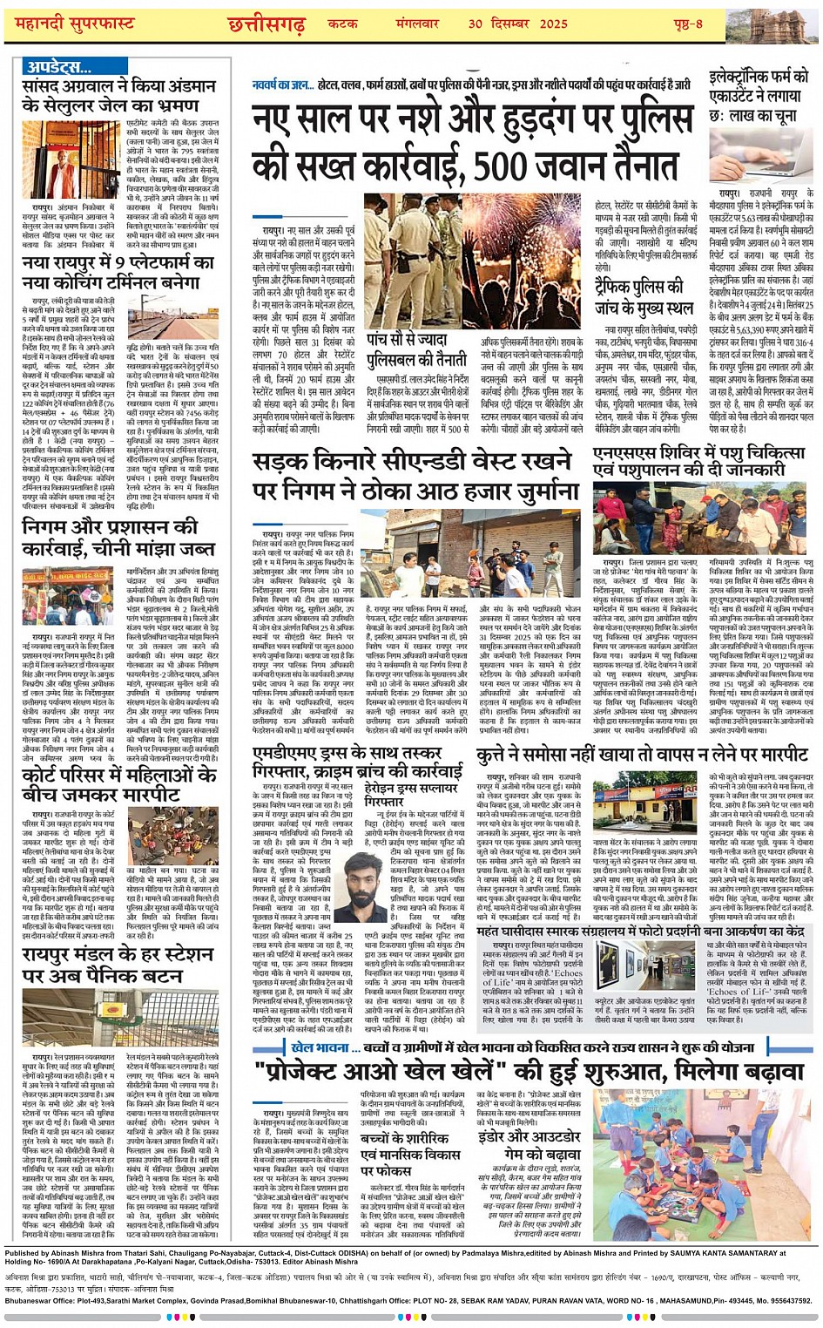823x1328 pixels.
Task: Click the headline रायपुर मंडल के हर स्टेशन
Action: pyautogui.click(x=117, y=966)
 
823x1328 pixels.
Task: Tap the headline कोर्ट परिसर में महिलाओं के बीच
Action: pyautogui.click(x=105, y=783)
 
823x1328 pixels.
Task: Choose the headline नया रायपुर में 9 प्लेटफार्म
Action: pyautogui.click(x=118, y=272)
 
